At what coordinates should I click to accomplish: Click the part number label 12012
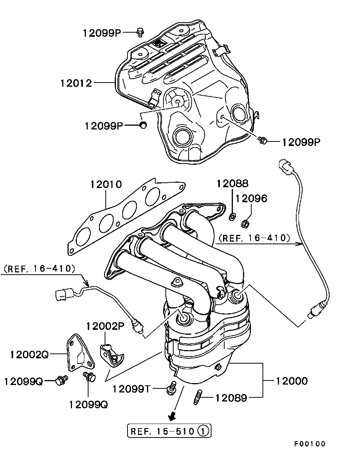[x=76, y=83]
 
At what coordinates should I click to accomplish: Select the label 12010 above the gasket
[x=106, y=184]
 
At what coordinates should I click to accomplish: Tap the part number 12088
[x=232, y=183]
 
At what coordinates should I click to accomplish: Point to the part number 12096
[x=251, y=198]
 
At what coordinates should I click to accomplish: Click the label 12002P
[x=105, y=326]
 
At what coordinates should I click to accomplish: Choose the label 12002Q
[x=29, y=355]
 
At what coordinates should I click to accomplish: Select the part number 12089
[x=231, y=398]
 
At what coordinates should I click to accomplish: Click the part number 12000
[x=292, y=381]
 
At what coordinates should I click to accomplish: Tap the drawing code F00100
[x=310, y=444]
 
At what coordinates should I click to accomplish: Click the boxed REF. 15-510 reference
[x=169, y=431]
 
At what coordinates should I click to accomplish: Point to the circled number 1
[x=203, y=431]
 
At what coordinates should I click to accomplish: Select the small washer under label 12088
[x=232, y=216]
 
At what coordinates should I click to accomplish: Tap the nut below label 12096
[x=245, y=224]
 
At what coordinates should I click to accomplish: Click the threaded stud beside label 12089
[x=198, y=397]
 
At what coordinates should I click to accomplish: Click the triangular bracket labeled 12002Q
[x=81, y=353]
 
